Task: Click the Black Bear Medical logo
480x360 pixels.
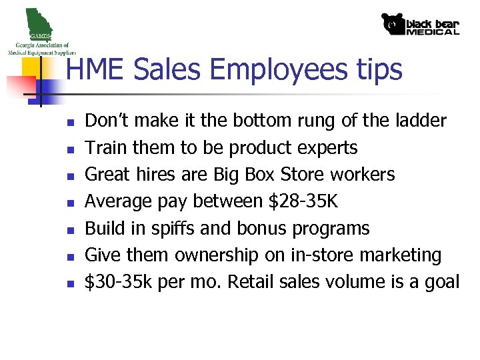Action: click(x=420, y=24)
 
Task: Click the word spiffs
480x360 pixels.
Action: click(x=172, y=228)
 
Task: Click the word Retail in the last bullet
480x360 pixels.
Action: click(x=252, y=282)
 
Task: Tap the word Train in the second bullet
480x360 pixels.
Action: click(x=105, y=147)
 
